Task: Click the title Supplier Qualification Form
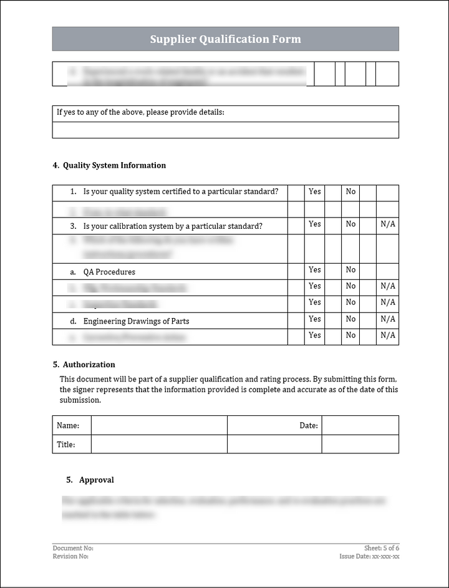pos(225,39)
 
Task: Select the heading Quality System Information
pos(114,165)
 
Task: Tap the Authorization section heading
pos(89,364)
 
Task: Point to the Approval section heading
pos(96,480)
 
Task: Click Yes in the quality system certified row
pos(315,191)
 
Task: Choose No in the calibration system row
pos(350,224)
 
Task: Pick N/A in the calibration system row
pos(388,224)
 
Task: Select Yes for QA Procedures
pos(315,270)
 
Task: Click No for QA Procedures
pos(350,270)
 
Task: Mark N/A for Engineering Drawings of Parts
pos(388,319)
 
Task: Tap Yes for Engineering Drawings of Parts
pos(315,319)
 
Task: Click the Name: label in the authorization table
pos(68,425)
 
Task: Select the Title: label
pos(66,445)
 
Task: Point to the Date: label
pos(309,425)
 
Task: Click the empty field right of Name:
pos(159,425)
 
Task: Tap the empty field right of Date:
pos(360,425)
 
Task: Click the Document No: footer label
pos(73,548)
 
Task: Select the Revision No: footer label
pos(70,556)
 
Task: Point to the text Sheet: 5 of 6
pos(382,548)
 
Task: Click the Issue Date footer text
pos(369,556)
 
